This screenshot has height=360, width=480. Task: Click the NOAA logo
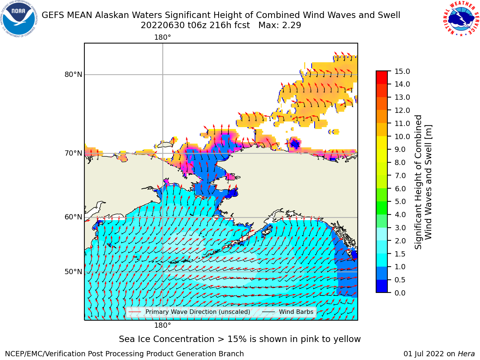point(19,19)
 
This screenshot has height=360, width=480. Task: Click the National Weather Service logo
point(461,19)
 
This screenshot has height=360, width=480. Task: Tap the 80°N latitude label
point(73,75)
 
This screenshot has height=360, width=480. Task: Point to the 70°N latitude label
point(73,153)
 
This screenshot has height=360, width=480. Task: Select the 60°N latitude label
point(73,217)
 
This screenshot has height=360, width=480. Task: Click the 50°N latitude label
point(73,272)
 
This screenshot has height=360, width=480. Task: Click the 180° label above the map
point(162,37)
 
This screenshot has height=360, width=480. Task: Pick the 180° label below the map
point(162,325)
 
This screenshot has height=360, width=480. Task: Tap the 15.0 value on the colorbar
point(402,71)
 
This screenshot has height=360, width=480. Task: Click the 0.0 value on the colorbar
point(400,293)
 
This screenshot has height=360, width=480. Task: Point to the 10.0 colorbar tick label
point(402,136)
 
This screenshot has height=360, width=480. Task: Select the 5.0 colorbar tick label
point(400,201)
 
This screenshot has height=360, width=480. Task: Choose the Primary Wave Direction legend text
point(198,312)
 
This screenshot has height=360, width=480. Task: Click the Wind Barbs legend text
point(296,312)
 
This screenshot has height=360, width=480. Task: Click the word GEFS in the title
point(53,15)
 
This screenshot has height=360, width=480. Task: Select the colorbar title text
point(423,182)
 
